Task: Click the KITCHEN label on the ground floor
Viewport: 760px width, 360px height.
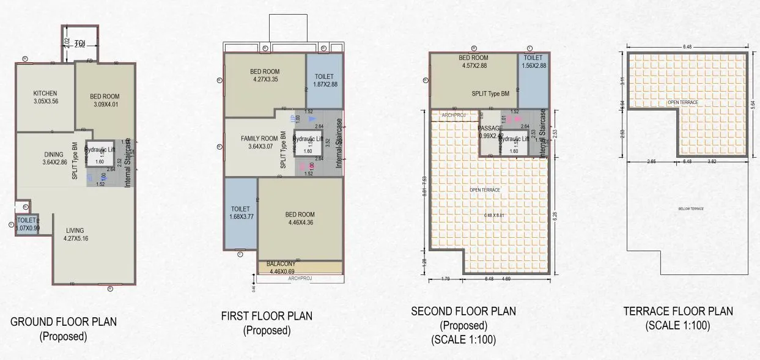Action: (x=46, y=93)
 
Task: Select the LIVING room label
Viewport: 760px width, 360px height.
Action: (x=75, y=230)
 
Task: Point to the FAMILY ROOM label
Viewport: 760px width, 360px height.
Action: (x=259, y=139)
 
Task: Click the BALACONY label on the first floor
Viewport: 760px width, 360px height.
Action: (x=281, y=264)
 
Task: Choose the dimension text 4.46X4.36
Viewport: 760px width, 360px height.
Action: (x=300, y=222)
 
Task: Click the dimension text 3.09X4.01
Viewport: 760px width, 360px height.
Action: (x=105, y=105)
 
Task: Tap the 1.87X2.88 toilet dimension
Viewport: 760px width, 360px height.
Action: (x=325, y=84)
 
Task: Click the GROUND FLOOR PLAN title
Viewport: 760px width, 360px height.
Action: (x=64, y=321)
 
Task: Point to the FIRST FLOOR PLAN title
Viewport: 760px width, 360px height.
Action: (x=267, y=316)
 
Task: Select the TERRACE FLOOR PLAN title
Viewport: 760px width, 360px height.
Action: (x=678, y=311)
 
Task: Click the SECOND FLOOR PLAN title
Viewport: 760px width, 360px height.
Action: (x=463, y=311)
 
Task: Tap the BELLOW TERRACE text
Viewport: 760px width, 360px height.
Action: (x=691, y=209)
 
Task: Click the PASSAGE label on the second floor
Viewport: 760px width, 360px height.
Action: (x=490, y=128)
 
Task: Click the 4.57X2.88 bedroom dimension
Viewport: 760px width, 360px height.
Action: (x=473, y=65)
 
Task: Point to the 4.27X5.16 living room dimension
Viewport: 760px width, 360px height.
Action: (x=75, y=239)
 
